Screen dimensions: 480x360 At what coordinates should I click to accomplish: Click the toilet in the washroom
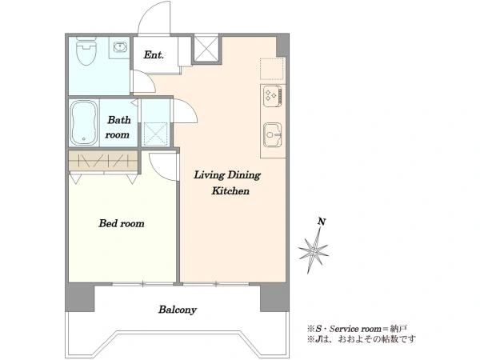point(86,51)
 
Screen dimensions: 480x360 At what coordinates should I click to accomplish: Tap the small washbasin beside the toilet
point(119,47)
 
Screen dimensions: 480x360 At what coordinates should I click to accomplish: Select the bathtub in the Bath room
point(83,122)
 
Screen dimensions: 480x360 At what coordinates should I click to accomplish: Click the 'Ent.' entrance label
point(154,55)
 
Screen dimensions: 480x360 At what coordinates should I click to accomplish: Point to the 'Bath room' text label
point(118,127)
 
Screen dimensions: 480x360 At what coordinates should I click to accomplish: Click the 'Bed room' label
point(122,223)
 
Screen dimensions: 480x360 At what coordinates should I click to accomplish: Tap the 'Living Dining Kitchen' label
point(227,182)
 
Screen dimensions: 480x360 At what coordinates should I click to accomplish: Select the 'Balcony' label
point(178,310)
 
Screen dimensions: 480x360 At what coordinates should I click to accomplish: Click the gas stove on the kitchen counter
point(273,96)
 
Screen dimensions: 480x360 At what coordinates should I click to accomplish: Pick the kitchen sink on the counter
point(273,134)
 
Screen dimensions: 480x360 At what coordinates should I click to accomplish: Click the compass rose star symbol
point(314,250)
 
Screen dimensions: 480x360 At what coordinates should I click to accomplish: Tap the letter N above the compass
point(322,222)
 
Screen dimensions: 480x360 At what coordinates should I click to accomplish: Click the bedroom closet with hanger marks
point(103,161)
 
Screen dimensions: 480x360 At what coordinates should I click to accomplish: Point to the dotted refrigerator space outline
point(272,69)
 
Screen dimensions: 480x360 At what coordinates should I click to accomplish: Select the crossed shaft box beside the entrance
point(206,49)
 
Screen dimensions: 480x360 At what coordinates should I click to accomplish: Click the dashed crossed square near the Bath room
point(156,134)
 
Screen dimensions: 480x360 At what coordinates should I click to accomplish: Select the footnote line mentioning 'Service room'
point(358,329)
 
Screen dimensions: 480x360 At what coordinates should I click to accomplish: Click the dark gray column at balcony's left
point(81,298)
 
